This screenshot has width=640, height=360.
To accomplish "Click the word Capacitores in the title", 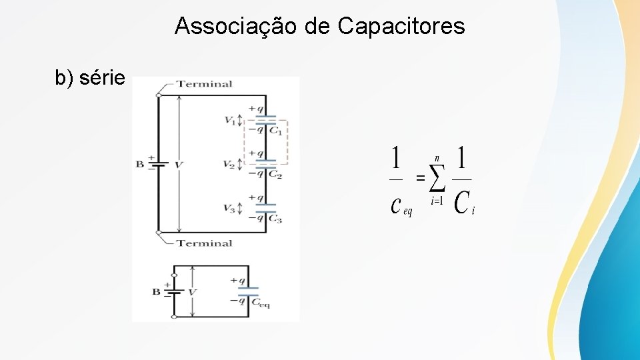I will (401, 26).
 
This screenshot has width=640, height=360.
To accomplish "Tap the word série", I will (101, 78).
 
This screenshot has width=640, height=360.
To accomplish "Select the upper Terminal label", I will (205, 84).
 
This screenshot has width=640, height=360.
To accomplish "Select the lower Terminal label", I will (205, 243).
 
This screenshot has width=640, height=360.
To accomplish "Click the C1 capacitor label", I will (275, 131).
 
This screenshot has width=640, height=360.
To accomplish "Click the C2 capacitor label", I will (275, 175).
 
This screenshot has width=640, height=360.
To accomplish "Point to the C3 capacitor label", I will (275, 219).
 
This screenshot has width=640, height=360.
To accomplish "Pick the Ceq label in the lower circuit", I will (261, 302).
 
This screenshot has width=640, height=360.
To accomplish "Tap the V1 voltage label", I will (230, 120).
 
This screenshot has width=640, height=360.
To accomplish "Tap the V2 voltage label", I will (230, 164).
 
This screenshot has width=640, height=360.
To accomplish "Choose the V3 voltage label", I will (230, 208).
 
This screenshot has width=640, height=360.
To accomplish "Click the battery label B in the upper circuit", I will (139, 164).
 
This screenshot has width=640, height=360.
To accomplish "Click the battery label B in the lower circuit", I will (156, 291).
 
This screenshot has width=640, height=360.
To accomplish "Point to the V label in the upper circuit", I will (179, 164).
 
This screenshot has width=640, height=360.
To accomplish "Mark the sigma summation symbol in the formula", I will (437, 178).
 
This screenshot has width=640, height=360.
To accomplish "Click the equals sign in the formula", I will (420, 178).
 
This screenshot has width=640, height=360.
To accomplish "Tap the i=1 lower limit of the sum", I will (437, 200).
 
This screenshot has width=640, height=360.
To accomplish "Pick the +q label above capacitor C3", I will (255, 197).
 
